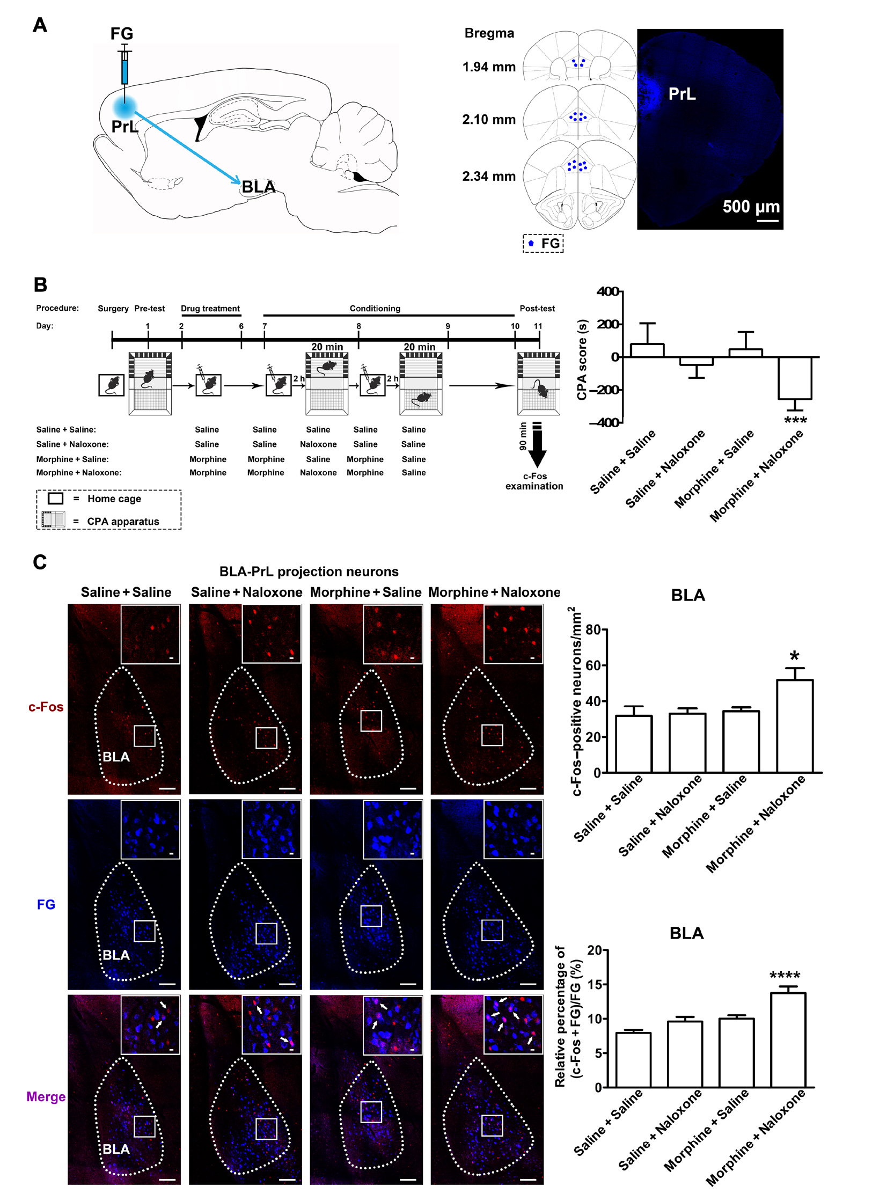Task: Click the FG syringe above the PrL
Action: [125, 67]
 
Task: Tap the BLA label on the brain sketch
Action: [258, 187]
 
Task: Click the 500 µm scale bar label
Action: [751, 207]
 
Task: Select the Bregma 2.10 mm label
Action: [488, 119]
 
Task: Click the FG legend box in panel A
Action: [543, 243]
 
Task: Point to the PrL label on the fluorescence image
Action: [682, 94]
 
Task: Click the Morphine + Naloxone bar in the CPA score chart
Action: [795, 378]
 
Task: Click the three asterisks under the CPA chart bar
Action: [795, 421]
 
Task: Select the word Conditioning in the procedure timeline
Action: [375, 308]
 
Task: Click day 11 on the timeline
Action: [538, 326]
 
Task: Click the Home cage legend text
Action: [114, 499]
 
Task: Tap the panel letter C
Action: [40, 562]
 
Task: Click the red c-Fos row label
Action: [46, 707]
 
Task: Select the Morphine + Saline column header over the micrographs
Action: [365, 592]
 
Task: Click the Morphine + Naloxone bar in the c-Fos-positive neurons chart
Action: [794, 726]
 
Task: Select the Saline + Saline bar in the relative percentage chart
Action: [633, 1059]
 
